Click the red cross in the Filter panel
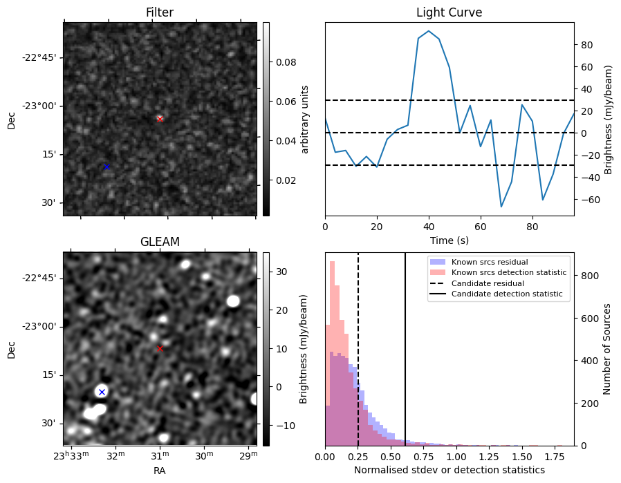click(x=160, y=119)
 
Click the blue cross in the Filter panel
click(x=106, y=167)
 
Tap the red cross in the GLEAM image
click(x=160, y=348)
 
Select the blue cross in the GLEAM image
click(x=102, y=392)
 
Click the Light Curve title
click(x=449, y=12)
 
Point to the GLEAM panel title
click(x=160, y=242)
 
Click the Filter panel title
click(x=160, y=12)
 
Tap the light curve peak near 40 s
click(x=429, y=31)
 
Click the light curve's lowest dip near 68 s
click(x=501, y=207)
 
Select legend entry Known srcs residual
click(x=490, y=262)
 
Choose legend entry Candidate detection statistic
click(x=507, y=294)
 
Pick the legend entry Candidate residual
click(x=488, y=283)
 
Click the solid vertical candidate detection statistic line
click(x=405, y=349)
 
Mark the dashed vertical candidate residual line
click(x=358, y=349)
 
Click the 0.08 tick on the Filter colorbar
click(x=286, y=62)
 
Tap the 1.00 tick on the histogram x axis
click(x=456, y=457)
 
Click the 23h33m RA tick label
click(x=71, y=455)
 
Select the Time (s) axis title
click(x=449, y=240)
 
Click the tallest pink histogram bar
click(x=333, y=353)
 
